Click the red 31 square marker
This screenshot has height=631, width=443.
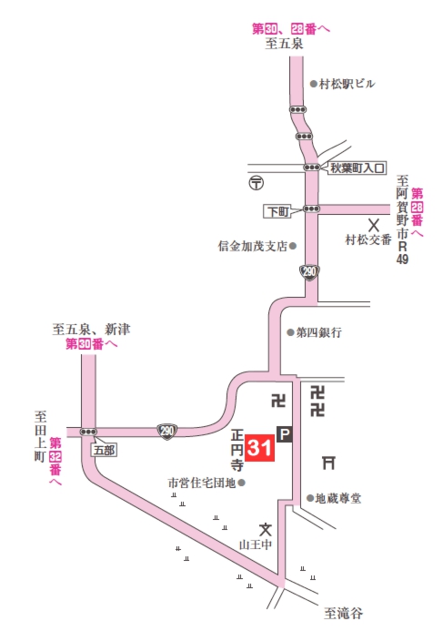(259, 448)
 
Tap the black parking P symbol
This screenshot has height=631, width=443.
(284, 436)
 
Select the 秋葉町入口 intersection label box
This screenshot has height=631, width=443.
(357, 168)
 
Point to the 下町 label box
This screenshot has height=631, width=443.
(277, 210)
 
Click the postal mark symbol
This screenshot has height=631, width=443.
(256, 181)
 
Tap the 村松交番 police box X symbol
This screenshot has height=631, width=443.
(372, 223)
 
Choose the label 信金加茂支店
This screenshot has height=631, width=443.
(252, 246)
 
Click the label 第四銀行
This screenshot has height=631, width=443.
(318, 333)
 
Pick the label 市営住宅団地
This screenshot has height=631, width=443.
(201, 482)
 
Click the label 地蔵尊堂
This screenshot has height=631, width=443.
(338, 498)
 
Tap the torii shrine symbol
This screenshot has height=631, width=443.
(328, 463)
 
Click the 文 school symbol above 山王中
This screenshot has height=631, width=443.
(265, 529)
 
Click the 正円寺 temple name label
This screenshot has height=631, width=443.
(237, 448)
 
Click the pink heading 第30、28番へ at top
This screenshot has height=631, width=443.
(291, 28)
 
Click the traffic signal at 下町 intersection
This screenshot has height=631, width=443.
(313, 209)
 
